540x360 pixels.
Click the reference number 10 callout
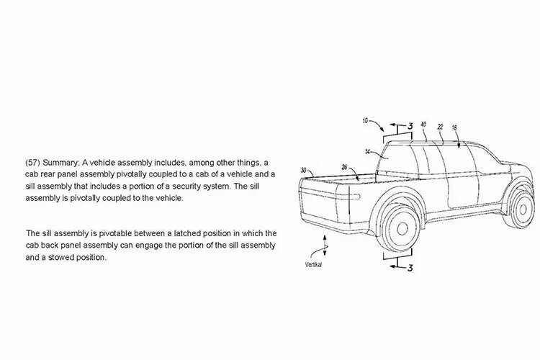(365, 120)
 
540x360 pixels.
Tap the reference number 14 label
(367, 152)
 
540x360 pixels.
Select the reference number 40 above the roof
(423, 124)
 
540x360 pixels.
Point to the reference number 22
(440, 127)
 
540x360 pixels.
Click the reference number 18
(454, 128)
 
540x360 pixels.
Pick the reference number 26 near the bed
(344, 168)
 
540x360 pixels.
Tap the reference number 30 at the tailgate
(303, 170)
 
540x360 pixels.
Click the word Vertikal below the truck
(313, 265)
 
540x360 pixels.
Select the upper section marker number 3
(410, 126)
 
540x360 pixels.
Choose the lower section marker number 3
(410, 268)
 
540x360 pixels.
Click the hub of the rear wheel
(402, 228)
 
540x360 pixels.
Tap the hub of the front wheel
(523, 209)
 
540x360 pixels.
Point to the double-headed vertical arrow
(325, 246)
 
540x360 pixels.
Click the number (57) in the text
(32, 163)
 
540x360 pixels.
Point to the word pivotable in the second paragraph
(115, 233)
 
